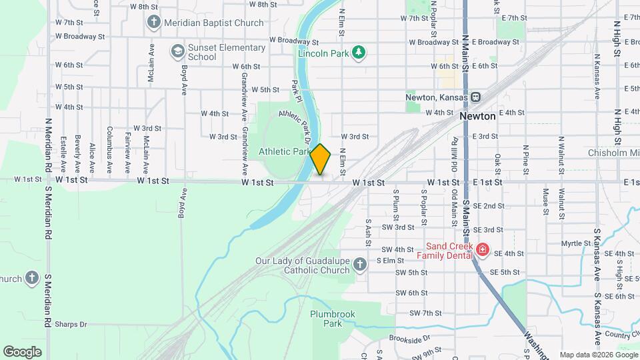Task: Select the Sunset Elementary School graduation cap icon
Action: pyautogui.click(x=177, y=51)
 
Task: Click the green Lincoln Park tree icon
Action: pyautogui.click(x=360, y=52)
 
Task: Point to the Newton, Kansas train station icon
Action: pyautogui.click(x=476, y=97)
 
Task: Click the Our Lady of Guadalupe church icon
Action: pyautogui.click(x=360, y=265)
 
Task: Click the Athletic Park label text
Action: pyautogui.click(x=285, y=151)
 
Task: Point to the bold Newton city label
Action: pyautogui.click(x=478, y=116)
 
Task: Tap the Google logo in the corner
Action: pyautogui.click(x=22, y=351)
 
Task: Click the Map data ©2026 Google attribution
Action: pyautogui.click(x=598, y=355)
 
